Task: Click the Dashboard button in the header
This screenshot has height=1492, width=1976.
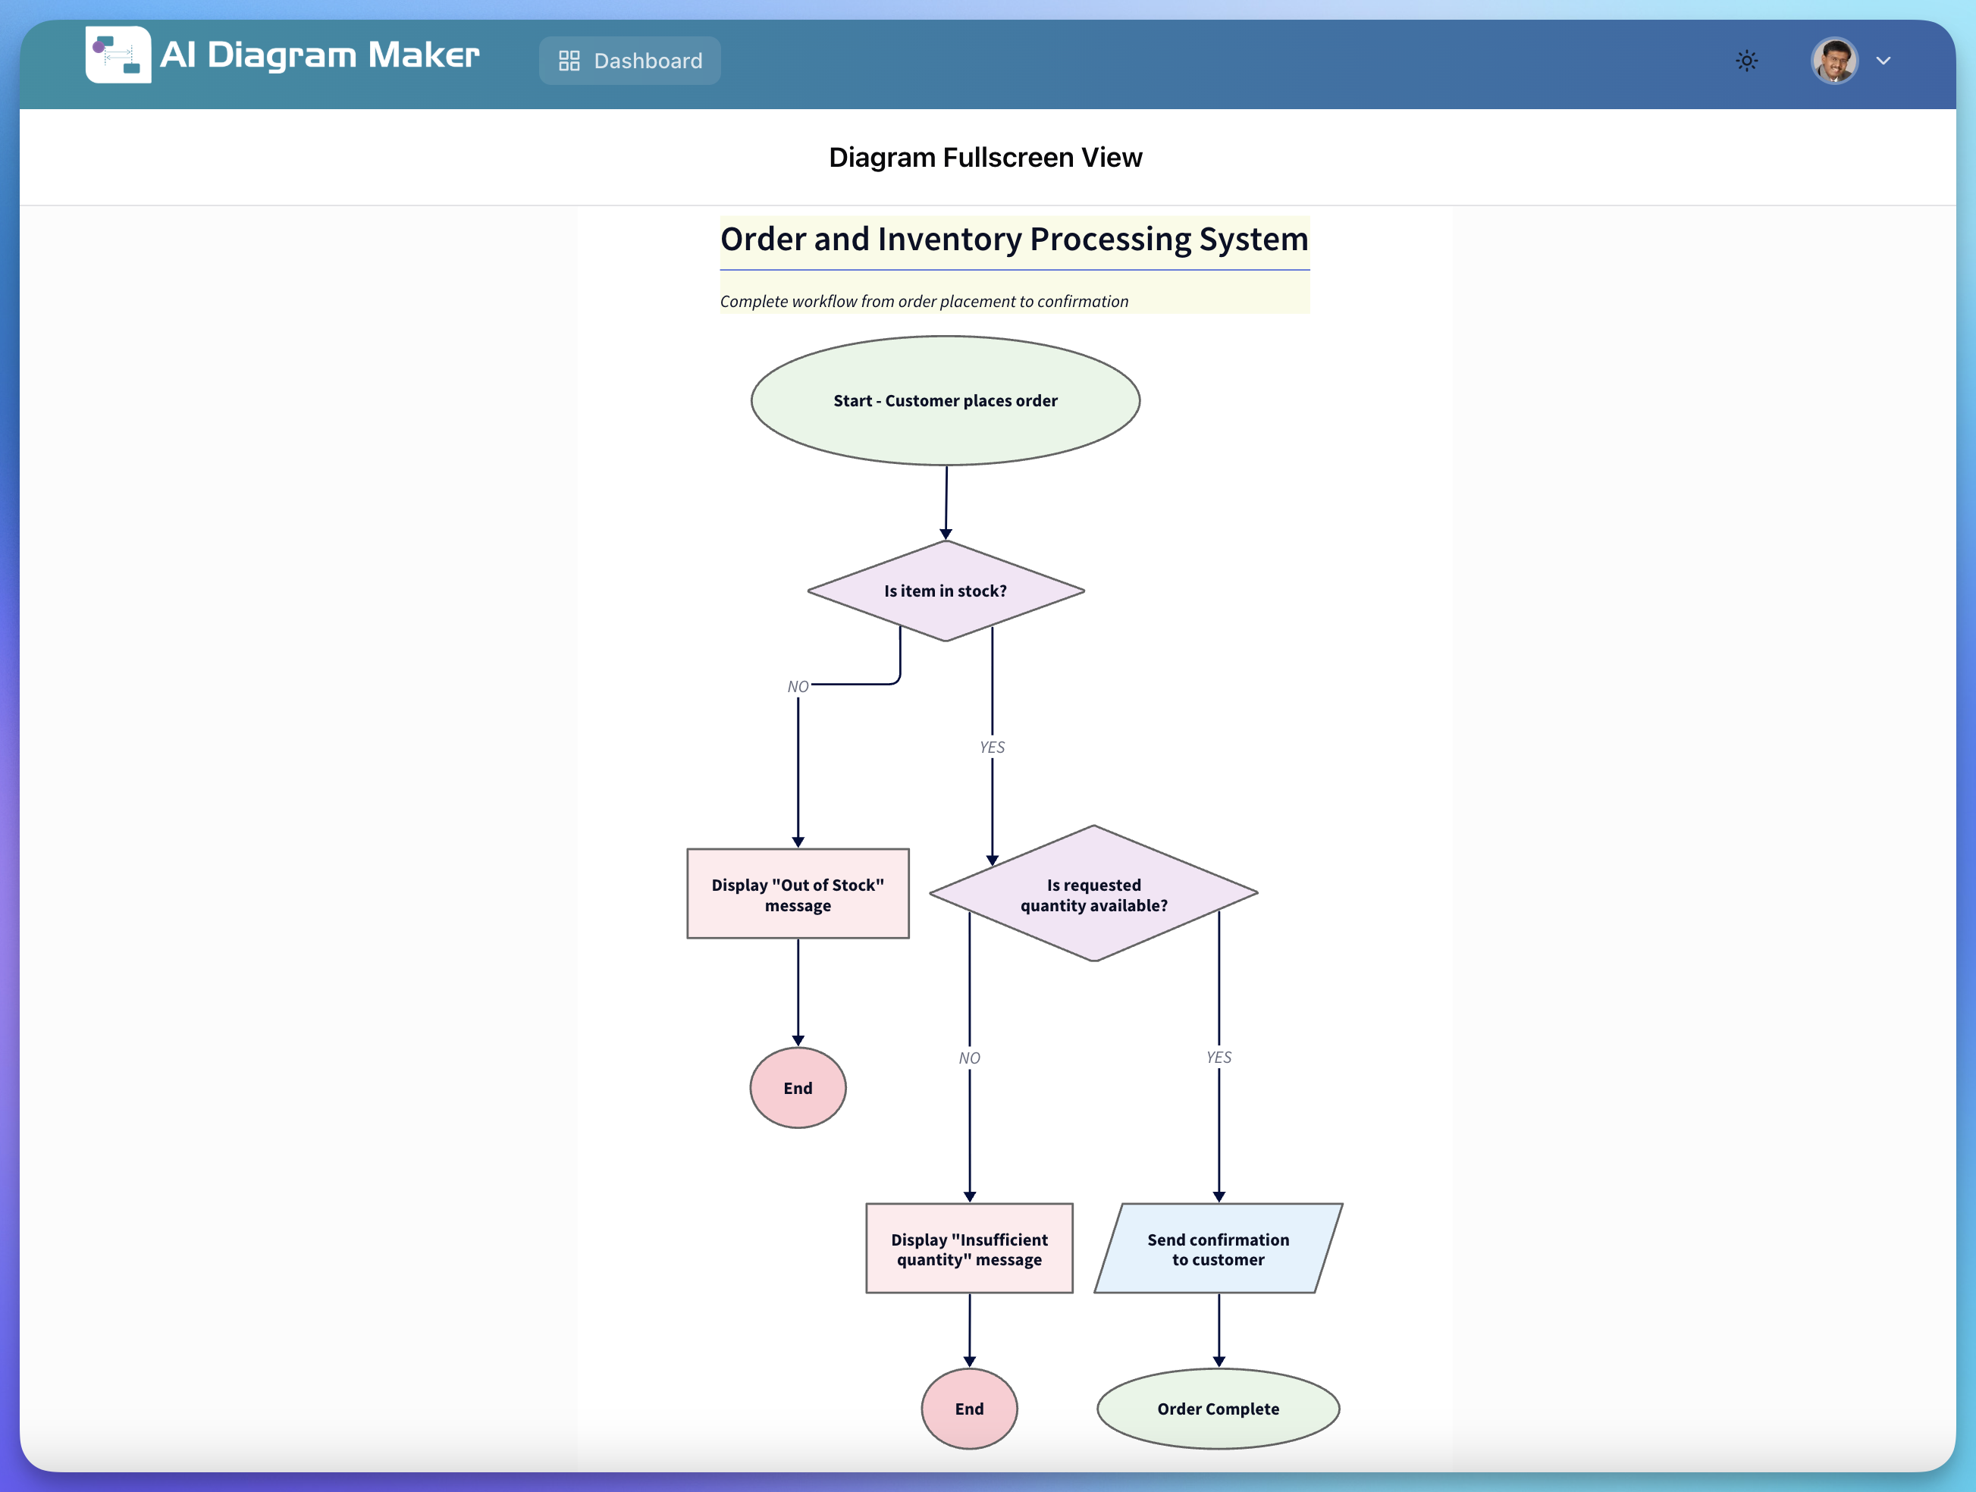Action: tap(630, 61)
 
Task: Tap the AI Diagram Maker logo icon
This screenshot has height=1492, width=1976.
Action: tap(118, 55)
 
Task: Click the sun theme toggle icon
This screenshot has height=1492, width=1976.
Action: tap(1746, 61)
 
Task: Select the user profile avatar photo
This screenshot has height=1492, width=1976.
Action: tap(1835, 61)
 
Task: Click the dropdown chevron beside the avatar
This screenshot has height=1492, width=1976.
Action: tap(1883, 61)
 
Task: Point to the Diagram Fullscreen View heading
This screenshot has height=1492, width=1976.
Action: tap(985, 157)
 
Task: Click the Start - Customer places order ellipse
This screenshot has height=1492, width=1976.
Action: tap(945, 400)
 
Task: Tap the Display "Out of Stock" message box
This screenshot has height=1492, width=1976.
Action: tap(798, 893)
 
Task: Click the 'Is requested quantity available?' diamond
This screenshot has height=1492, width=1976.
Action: tap(1093, 893)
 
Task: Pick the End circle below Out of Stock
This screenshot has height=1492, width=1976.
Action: tap(798, 1087)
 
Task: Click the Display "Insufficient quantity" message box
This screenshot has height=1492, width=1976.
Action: tap(969, 1248)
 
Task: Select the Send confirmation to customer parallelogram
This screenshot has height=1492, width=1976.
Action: tap(1219, 1248)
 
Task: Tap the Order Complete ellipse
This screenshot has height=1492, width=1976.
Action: tap(1219, 1409)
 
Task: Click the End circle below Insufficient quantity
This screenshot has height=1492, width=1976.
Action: tap(969, 1409)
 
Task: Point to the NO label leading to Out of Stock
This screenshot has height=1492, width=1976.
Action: tap(798, 686)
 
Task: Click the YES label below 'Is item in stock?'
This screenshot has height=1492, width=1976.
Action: tap(992, 747)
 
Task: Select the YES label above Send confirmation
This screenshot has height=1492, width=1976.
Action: tap(1219, 1057)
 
